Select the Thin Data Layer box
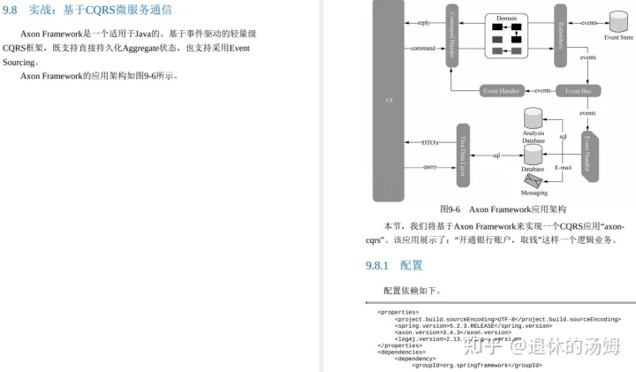[x=462, y=155]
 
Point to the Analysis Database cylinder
[x=533, y=118]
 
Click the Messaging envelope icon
[x=534, y=179]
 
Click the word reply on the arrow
[x=424, y=22]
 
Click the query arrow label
[x=429, y=166]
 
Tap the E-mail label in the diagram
[x=563, y=166]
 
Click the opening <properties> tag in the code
[x=397, y=312]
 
